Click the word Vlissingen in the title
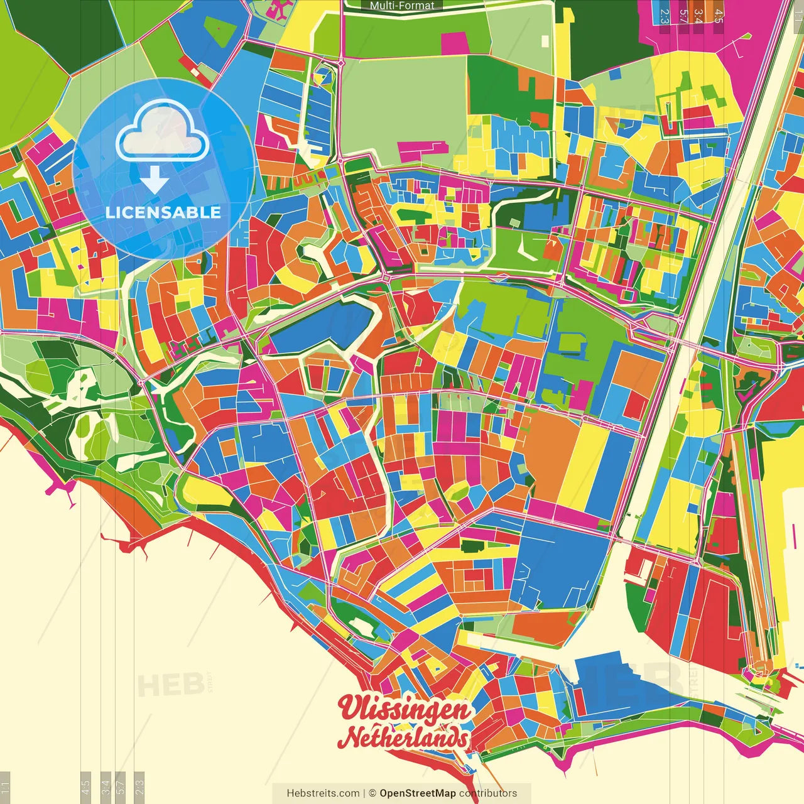tap(405, 710)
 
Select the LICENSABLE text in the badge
tap(163, 212)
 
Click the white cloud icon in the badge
tap(163, 131)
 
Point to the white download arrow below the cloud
tap(155, 180)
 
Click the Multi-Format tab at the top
tap(402, 6)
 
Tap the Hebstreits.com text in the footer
tap(323, 793)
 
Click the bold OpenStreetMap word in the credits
tap(417, 793)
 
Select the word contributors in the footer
tap(488, 793)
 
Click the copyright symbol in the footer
tap(372, 793)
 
